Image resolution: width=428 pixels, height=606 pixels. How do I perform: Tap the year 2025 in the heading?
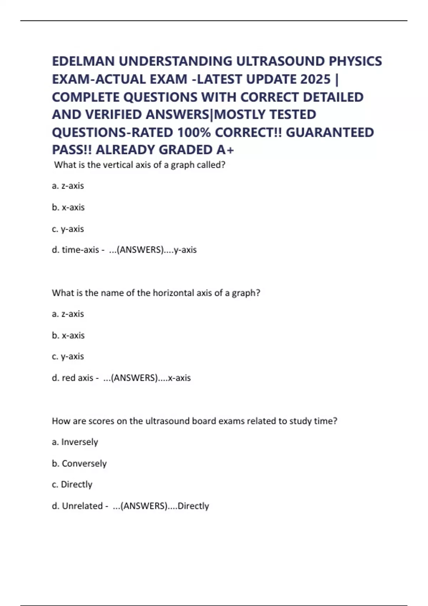click(315, 79)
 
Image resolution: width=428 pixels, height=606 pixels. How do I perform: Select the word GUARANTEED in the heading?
click(330, 132)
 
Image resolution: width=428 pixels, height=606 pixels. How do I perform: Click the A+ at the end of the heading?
click(225, 150)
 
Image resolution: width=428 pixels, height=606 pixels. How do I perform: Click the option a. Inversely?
click(75, 442)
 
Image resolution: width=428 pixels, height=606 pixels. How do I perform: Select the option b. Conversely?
click(79, 463)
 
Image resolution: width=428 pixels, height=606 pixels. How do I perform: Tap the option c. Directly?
click(72, 484)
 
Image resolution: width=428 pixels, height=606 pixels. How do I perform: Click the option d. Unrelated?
click(77, 506)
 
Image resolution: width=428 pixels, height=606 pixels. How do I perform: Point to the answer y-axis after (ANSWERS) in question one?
click(185, 250)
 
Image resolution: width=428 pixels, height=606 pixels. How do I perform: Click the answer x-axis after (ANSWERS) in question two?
click(179, 378)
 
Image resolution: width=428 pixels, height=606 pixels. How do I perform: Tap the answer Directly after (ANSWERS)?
click(193, 506)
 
